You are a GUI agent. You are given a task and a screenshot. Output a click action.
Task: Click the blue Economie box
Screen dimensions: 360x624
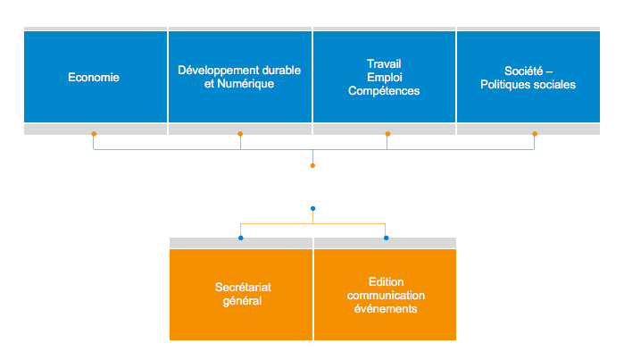[x=95, y=77]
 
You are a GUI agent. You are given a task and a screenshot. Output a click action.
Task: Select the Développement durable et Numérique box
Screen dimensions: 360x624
[x=239, y=77]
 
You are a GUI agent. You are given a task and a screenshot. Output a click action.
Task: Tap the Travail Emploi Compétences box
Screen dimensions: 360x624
[x=384, y=77]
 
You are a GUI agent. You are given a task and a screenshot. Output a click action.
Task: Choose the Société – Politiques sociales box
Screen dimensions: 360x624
[x=528, y=77]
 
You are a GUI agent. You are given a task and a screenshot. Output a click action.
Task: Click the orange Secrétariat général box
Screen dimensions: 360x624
[x=240, y=294]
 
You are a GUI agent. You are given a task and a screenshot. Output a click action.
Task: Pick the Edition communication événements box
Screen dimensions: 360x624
[x=385, y=294]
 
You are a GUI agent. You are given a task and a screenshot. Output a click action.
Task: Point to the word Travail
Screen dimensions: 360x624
[x=384, y=63]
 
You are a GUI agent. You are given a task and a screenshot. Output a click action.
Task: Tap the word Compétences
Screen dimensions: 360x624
[x=384, y=90]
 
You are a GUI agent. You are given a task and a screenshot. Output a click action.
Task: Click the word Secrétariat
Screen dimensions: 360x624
[x=240, y=288]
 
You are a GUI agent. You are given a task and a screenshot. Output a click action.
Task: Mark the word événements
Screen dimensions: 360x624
[x=385, y=308]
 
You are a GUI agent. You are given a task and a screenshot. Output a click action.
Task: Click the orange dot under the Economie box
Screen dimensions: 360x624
[x=94, y=134]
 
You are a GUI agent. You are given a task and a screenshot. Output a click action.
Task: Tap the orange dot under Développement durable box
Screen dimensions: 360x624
[x=240, y=134]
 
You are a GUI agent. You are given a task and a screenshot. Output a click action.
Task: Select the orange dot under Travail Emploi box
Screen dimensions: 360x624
[x=387, y=134]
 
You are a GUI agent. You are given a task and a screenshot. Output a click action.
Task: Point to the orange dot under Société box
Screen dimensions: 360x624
[x=535, y=134]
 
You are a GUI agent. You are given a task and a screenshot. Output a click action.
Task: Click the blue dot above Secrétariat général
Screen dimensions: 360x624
[x=240, y=238]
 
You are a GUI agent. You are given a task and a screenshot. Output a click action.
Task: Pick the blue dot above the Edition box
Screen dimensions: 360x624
[x=386, y=238]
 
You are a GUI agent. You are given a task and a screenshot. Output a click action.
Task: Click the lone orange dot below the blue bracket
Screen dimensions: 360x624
[x=312, y=165]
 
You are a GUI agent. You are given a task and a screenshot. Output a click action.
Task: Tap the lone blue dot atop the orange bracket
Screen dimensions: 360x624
[x=312, y=208]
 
